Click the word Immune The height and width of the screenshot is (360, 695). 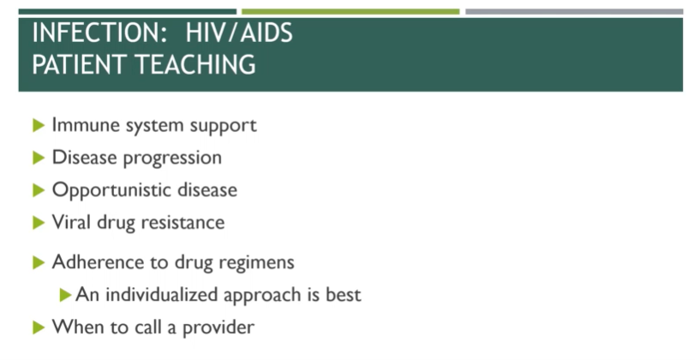click(81, 125)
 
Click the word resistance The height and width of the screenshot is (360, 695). click(183, 222)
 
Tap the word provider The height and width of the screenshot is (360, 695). click(221, 327)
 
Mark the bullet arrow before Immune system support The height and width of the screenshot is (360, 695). click(38, 125)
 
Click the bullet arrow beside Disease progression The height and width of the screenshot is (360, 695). click(38, 158)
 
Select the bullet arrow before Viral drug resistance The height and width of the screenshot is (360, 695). click(38, 222)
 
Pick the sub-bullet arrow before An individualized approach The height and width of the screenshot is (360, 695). click(65, 295)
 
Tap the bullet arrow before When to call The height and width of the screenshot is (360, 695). click(38, 327)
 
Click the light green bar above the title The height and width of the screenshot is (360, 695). click(350, 12)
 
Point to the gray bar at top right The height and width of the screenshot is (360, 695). click(573, 12)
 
